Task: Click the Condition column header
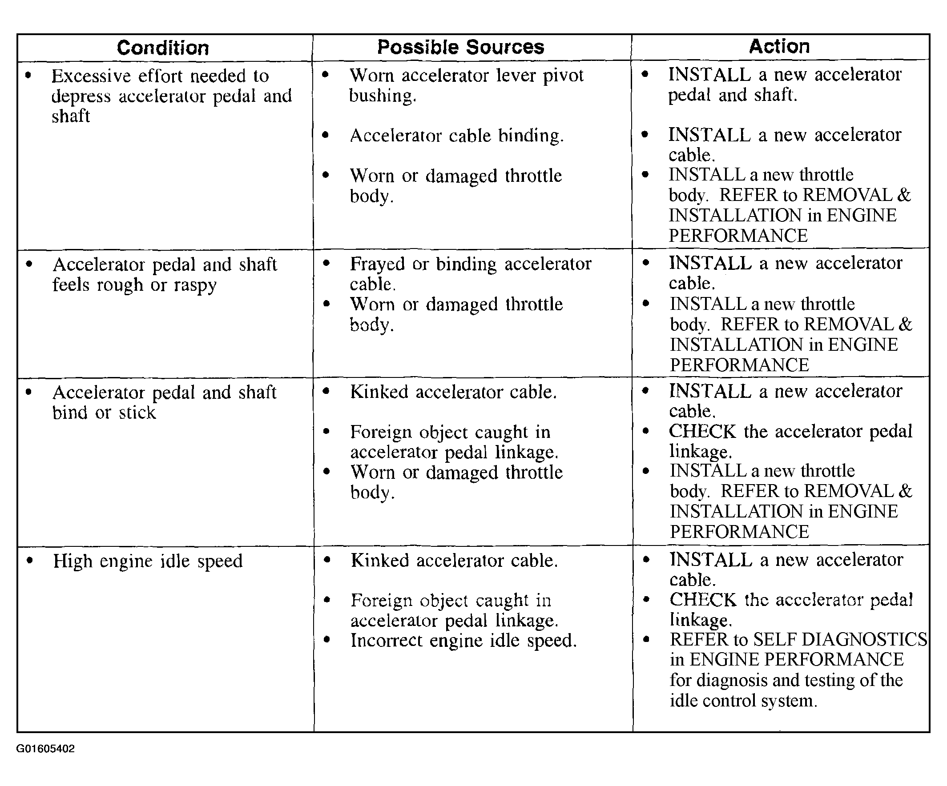pyautogui.click(x=163, y=48)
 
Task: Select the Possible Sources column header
pyautogui.click(x=460, y=47)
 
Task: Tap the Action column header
pyautogui.click(x=779, y=46)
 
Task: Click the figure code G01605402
pyautogui.click(x=45, y=749)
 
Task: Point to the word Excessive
pyautogui.click(x=91, y=76)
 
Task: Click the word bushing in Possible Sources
pyautogui.click(x=383, y=96)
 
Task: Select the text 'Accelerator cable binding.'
pyautogui.click(x=456, y=136)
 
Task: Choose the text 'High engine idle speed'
pyautogui.click(x=148, y=561)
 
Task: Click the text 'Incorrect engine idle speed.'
pyautogui.click(x=463, y=641)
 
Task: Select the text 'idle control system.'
pyautogui.click(x=743, y=701)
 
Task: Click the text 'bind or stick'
pyautogui.click(x=104, y=413)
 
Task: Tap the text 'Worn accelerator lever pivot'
pyautogui.click(x=466, y=75)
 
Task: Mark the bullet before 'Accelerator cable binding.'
pyautogui.click(x=326, y=135)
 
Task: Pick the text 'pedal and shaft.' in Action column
pyautogui.click(x=732, y=95)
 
